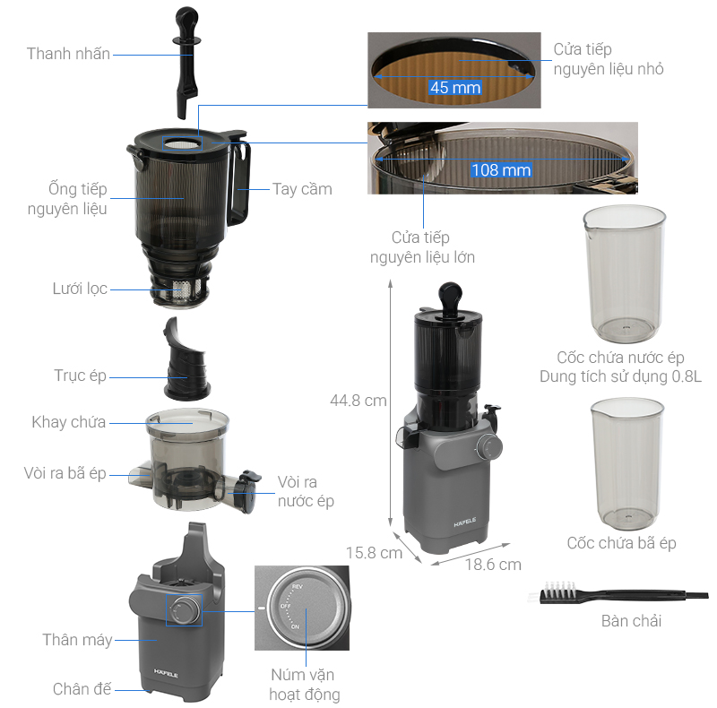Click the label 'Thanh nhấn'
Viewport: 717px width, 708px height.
click(x=68, y=54)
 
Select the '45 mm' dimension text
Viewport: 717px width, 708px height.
click(x=455, y=87)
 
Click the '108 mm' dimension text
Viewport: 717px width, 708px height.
click(x=501, y=170)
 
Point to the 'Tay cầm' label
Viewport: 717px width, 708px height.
click(x=302, y=189)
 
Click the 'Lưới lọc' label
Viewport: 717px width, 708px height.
click(x=79, y=289)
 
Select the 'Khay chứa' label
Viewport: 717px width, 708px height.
click(x=68, y=422)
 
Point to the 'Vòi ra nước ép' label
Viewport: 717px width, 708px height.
click(x=306, y=491)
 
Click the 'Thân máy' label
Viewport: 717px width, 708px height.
click(x=77, y=640)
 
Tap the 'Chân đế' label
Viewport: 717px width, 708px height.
click(x=82, y=689)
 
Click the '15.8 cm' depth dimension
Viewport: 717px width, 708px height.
click(x=374, y=553)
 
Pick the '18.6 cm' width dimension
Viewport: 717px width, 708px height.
click(x=492, y=565)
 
